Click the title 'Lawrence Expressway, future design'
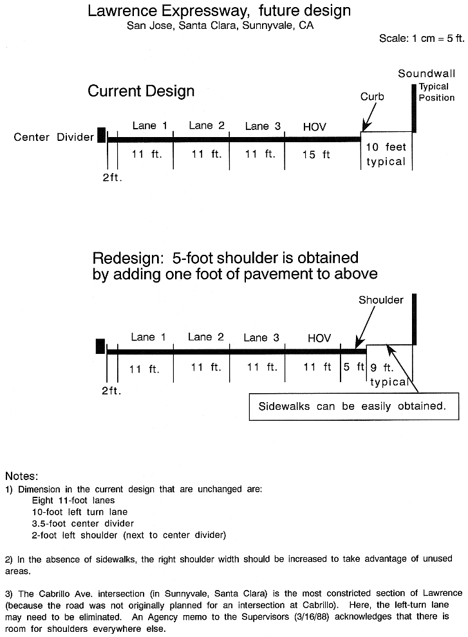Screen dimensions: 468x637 (x=219, y=10)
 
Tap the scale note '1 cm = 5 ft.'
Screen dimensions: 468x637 (x=438, y=39)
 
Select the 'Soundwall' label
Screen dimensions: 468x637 (x=427, y=73)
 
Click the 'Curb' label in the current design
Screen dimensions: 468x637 (x=372, y=97)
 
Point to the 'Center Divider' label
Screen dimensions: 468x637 (x=53, y=137)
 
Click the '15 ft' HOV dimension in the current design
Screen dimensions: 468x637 (x=316, y=154)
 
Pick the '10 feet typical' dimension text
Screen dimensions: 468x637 (x=386, y=154)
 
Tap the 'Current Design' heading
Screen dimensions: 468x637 (x=141, y=91)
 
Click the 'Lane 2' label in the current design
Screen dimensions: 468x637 (x=207, y=125)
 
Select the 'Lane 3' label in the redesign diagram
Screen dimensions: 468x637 (x=261, y=338)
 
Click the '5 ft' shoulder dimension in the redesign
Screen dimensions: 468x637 (x=354, y=367)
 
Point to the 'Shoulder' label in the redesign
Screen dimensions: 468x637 (x=381, y=300)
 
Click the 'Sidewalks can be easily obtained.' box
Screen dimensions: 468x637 (x=354, y=406)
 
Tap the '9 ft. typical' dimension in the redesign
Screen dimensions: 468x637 (x=389, y=374)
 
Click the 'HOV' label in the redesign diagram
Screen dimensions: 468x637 (x=319, y=338)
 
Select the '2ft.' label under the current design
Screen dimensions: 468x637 (x=112, y=178)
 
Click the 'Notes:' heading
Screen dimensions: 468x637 (x=21, y=476)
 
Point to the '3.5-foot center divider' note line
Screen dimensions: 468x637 (x=82, y=523)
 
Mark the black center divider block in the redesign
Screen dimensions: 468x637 (x=100, y=346)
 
